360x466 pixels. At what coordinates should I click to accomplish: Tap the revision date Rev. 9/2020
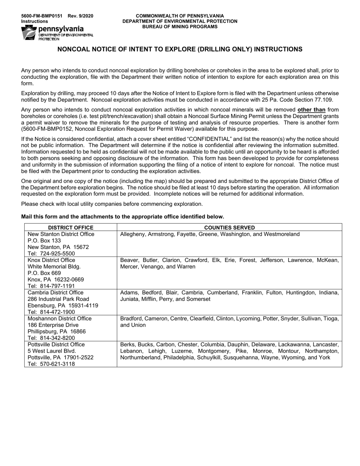coord(80,16)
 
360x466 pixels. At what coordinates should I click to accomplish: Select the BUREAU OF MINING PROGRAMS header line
coord(180,27)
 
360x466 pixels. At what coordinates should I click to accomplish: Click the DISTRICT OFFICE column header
coord(70,228)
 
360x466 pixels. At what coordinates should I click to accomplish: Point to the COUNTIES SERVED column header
coord(229,228)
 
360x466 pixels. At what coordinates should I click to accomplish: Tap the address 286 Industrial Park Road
coord(58,299)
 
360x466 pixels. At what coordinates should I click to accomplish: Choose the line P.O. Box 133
coord(44,241)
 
